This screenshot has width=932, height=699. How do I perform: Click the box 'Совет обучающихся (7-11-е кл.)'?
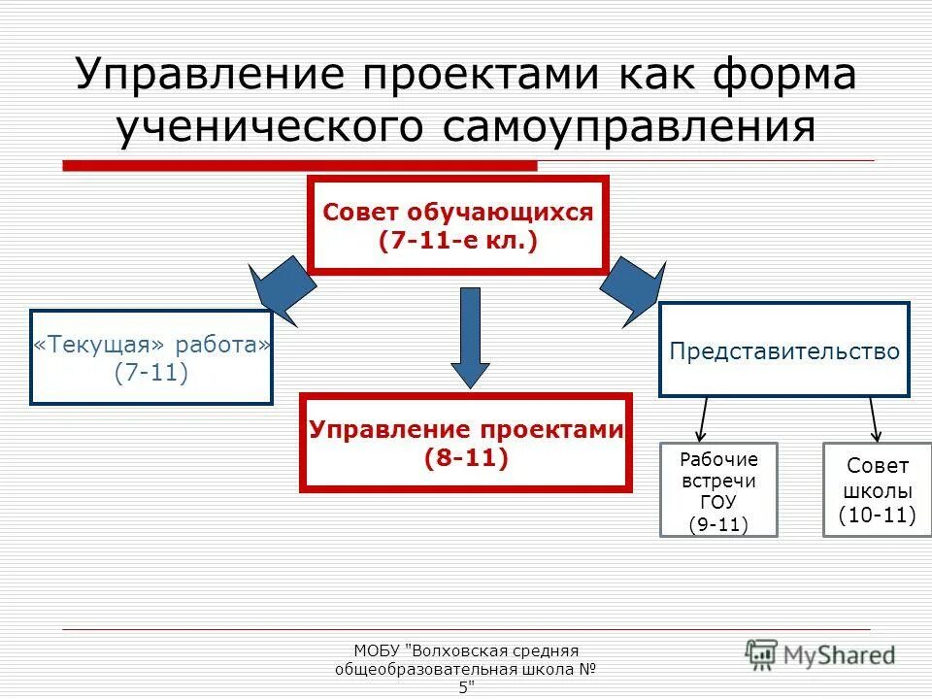click(457, 225)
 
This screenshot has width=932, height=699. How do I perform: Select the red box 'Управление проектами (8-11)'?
click(466, 442)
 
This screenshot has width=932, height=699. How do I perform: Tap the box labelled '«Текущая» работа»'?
click(151, 357)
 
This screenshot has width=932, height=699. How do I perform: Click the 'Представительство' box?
click(784, 350)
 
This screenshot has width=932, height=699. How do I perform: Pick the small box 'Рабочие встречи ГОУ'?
click(718, 490)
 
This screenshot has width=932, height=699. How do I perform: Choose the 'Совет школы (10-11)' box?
click(878, 490)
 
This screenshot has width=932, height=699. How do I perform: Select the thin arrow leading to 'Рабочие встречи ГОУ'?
click(703, 419)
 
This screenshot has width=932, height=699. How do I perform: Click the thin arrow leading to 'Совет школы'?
click(874, 419)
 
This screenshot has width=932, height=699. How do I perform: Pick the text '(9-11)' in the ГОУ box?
click(718, 525)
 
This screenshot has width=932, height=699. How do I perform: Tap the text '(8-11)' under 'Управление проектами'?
click(466, 458)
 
